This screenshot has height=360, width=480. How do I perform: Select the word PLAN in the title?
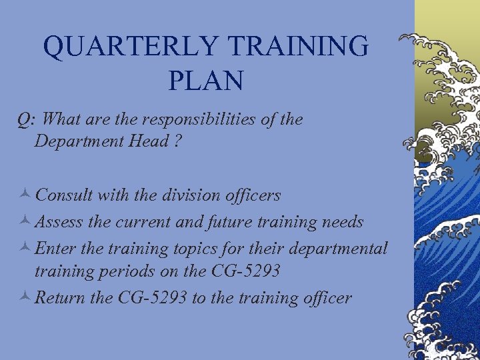206,81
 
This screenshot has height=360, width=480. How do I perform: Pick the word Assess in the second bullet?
59,222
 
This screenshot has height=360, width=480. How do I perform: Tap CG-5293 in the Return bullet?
151,298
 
